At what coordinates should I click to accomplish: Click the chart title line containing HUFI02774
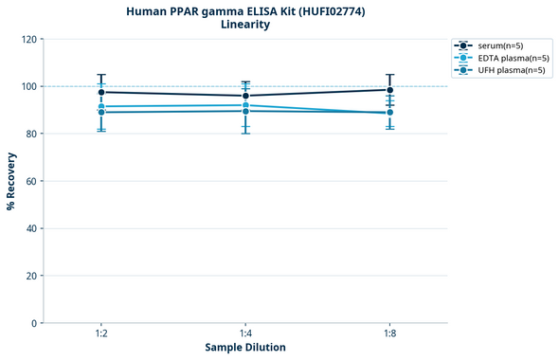244,11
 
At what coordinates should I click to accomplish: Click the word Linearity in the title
244,25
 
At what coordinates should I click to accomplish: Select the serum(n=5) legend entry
498,45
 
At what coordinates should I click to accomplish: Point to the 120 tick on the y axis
29,39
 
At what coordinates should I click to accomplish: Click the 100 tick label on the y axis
29,86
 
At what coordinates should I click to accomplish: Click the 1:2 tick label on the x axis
101,334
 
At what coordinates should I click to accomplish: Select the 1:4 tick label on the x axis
245,334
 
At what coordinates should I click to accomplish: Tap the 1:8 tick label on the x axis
389,334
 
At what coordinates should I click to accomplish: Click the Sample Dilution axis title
245,348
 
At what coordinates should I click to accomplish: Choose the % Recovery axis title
11,181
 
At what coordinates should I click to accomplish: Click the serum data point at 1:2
101,92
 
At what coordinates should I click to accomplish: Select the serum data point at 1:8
389,90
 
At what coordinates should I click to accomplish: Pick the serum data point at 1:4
245,96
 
